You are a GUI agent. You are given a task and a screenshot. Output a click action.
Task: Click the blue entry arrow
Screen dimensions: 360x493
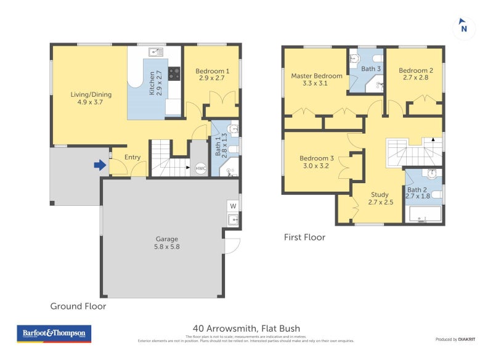click(x=99, y=165)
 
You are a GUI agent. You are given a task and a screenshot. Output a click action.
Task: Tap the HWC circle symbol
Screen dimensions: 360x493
click(x=200, y=168)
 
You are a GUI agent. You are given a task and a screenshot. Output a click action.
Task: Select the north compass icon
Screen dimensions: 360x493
click(x=464, y=28)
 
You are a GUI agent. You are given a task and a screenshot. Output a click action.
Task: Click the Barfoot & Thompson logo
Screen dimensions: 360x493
click(x=54, y=333)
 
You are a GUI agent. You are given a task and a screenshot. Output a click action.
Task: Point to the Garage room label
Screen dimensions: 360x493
click(x=166, y=242)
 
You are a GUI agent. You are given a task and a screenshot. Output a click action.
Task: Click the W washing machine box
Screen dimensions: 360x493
click(x=233, y=206)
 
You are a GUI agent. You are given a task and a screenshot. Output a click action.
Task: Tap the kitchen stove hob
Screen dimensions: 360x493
click(x=174, y=74)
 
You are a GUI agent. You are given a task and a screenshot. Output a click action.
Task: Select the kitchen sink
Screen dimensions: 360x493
click(x=155, y=52)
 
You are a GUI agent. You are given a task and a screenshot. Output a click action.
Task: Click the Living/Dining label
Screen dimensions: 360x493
click(x=86, y=98)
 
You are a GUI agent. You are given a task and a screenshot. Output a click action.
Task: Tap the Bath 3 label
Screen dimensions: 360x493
click(x=371, y=69)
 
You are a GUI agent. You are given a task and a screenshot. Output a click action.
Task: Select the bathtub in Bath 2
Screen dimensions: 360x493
click(x=425, y=214)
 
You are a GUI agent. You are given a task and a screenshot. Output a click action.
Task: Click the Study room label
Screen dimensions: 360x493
click(x=380, y=198)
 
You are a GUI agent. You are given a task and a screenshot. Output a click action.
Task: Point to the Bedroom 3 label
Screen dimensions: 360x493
click(x=314, y=162)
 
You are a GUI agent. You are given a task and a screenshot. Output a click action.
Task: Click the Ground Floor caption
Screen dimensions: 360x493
click(x=78, y=306)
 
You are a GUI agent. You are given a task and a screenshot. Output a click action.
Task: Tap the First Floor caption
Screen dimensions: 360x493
click(x=304, y=237)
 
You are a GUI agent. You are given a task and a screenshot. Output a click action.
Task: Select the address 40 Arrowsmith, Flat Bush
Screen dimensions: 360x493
click(x=246, y=329)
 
